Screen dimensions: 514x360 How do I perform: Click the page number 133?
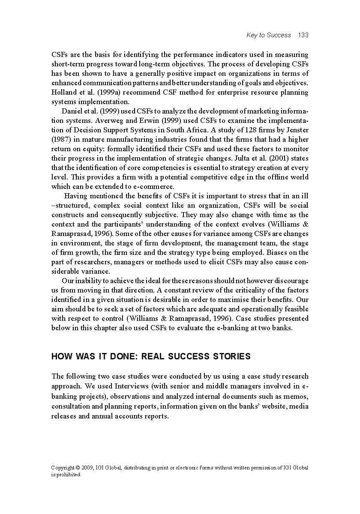click(303, 35)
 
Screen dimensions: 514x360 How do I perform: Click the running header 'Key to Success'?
click(269, 35)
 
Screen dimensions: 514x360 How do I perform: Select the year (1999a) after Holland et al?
click(101, 93)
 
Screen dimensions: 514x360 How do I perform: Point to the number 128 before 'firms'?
click(250, 130)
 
